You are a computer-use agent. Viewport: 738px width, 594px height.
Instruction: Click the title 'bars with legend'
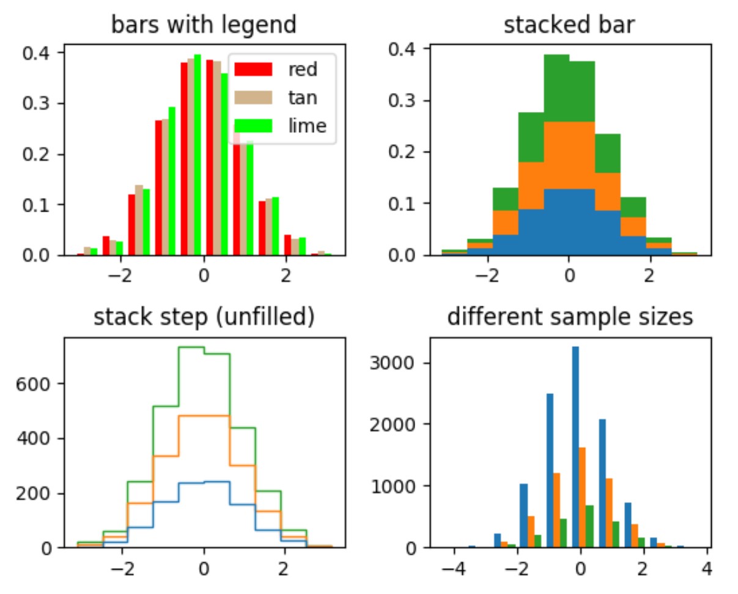[x=204, y=25]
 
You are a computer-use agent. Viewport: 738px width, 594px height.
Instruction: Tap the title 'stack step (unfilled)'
[x=204, y=317]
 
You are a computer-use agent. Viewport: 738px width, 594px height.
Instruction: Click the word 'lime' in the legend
[x=307, y=125]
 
